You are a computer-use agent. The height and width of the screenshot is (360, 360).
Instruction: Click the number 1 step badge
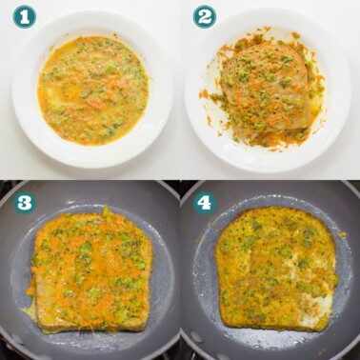coord(24,16)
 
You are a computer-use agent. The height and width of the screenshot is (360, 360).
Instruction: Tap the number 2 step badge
coord(204,16)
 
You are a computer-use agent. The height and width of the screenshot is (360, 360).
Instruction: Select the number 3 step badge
coord(24,202)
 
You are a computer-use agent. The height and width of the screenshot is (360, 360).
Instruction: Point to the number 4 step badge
coord(204,202)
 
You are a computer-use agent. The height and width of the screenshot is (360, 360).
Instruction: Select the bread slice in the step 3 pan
coord(90,271)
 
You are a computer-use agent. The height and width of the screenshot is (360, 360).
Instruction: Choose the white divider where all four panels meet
coord(179,179)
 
